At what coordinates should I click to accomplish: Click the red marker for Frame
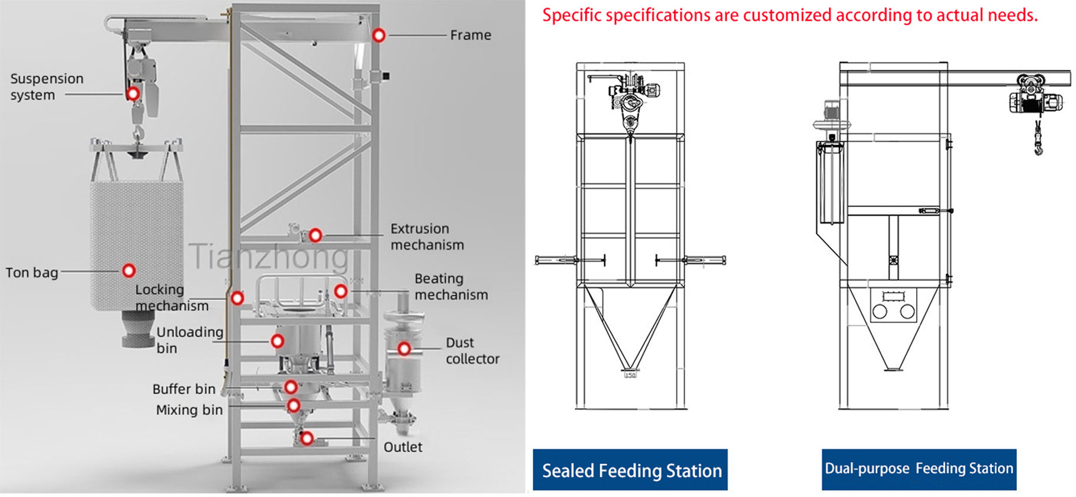[x=379, y=36]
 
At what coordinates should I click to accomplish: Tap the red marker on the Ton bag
[x=128, y=271]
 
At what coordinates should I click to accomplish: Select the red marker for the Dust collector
[x=404, y=349]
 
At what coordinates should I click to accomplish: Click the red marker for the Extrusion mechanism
[x=315, y=235]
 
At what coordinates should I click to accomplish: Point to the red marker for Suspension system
[x=133, y=94]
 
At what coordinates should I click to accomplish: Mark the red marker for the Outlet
[x=307, y=438]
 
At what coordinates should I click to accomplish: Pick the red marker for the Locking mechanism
[x=237, y=297]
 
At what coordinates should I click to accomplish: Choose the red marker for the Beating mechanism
[x=340, y=291]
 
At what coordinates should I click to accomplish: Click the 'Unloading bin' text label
[x=189, y=340]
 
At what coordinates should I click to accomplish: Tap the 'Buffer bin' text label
[x=183, y=389]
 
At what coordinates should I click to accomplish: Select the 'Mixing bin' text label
[x=189, y=410]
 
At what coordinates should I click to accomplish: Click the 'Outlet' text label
[x=402, y=447]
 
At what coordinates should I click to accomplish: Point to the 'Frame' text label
[x=471, y=35]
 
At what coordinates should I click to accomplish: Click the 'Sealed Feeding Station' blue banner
[x=631, y=470]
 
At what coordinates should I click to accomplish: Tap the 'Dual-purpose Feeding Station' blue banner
[x=919, y=469]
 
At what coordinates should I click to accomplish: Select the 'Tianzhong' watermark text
[x=269, y=256]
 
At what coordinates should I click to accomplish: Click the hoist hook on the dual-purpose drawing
[x=1039, y=145]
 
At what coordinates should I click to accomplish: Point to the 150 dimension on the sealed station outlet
[x=630, y=375]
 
